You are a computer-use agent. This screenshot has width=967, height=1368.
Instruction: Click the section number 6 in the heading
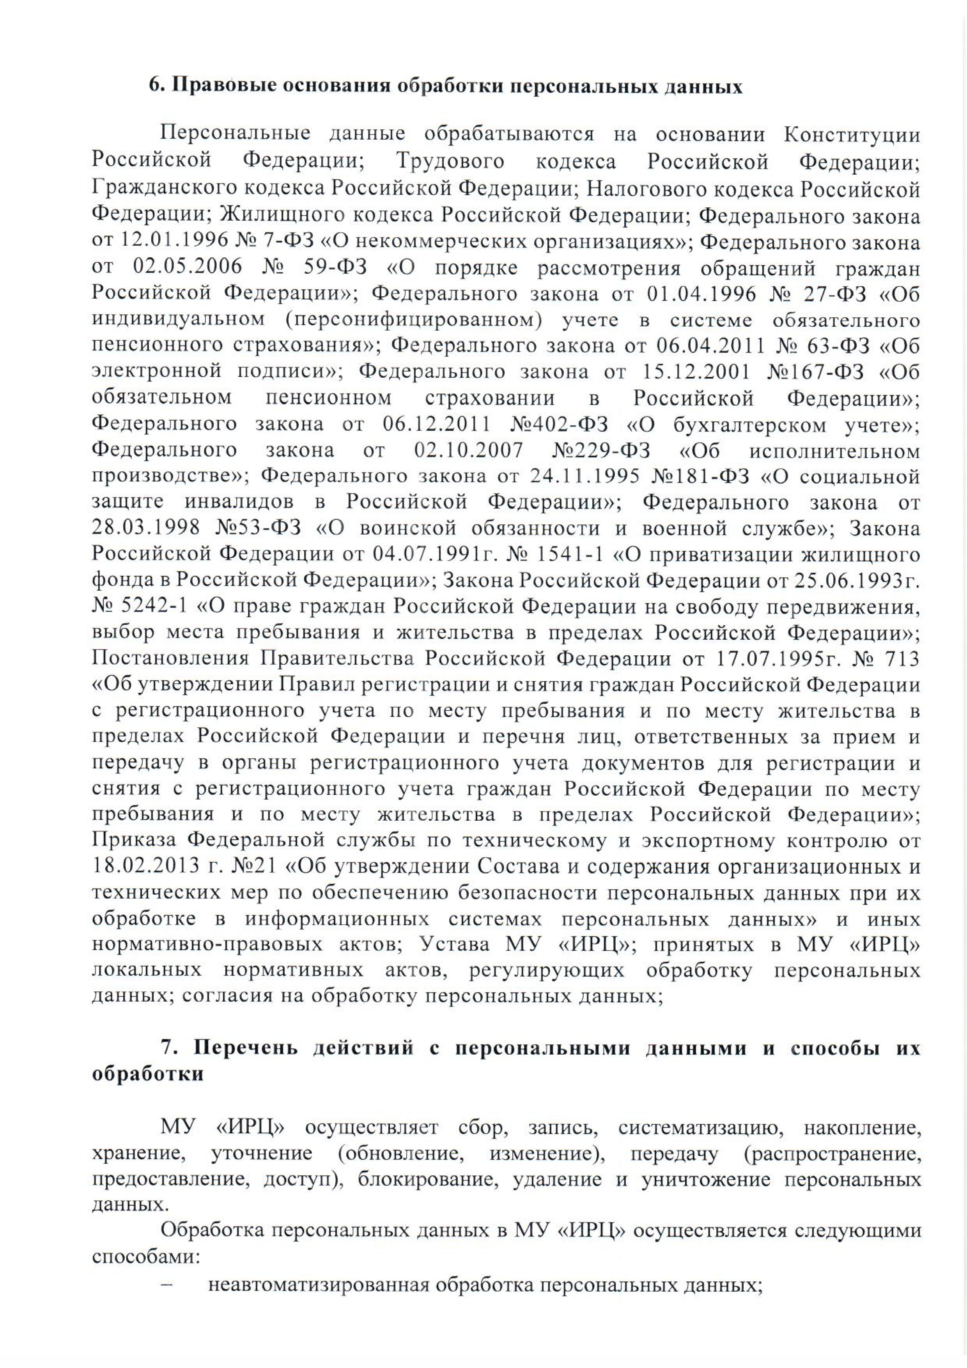[155, 87]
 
